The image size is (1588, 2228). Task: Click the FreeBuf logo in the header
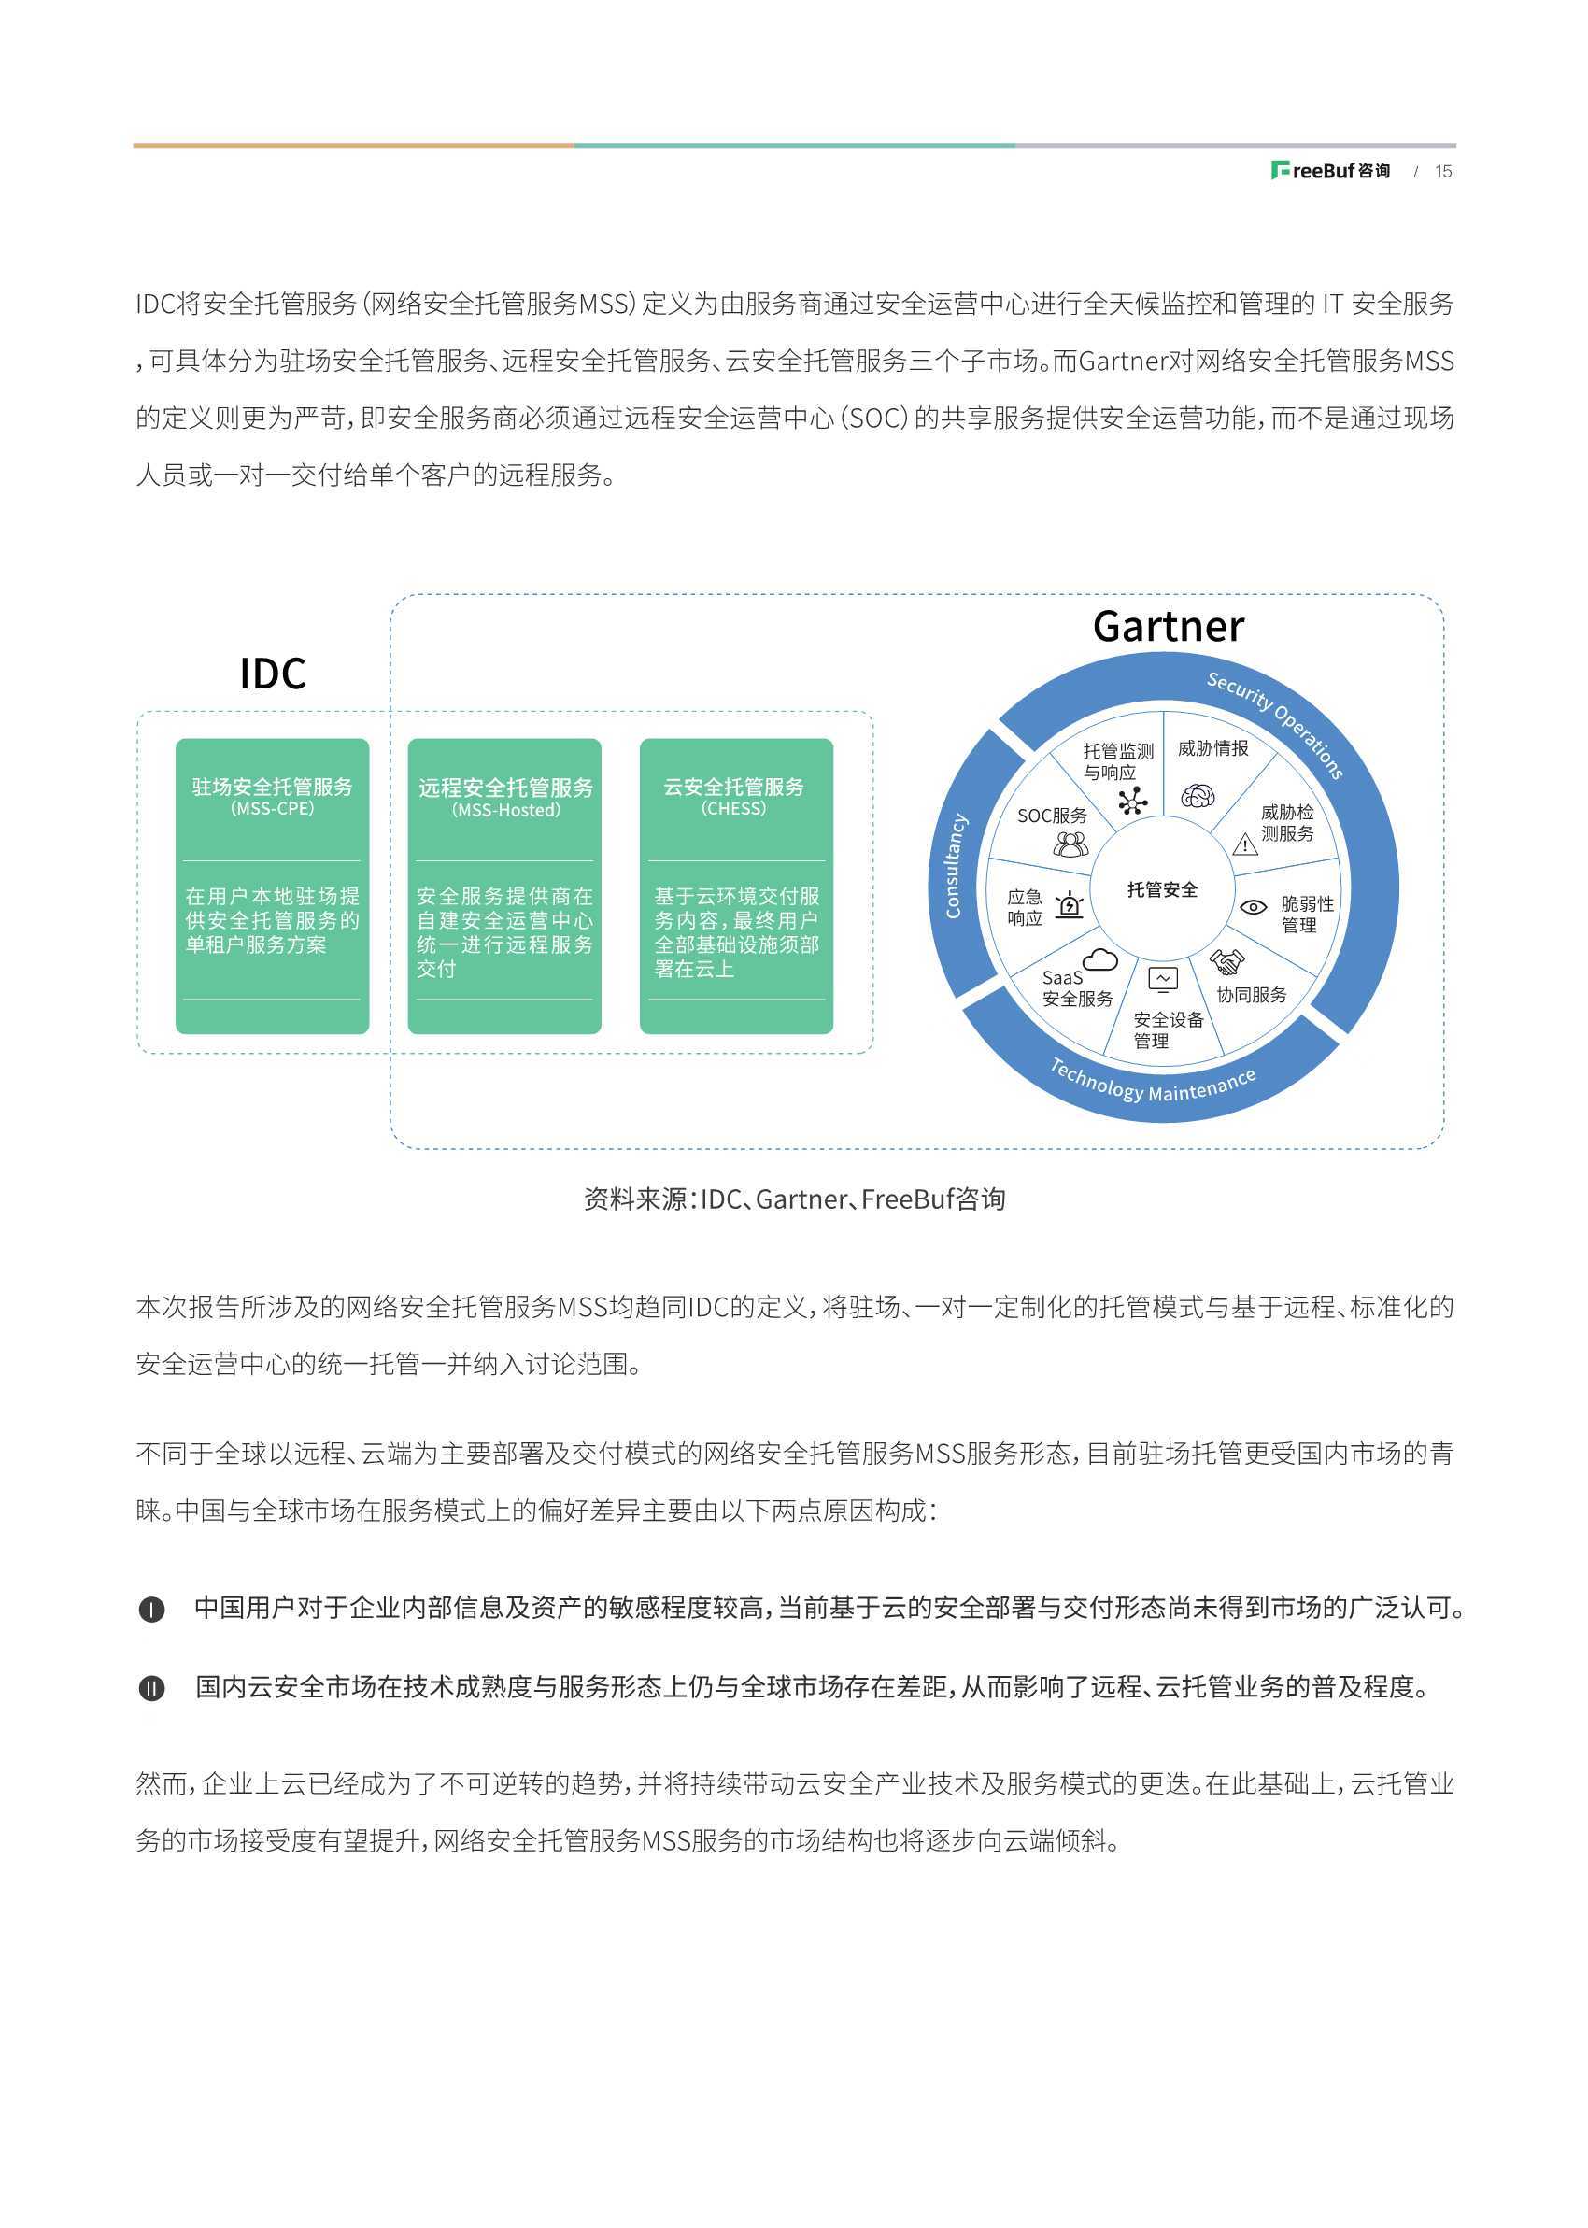pos(1330,171)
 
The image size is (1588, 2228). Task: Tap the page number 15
pos(1443,171)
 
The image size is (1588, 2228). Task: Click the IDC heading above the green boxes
pos(273,674)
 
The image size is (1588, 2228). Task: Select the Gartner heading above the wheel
pos(1169,627)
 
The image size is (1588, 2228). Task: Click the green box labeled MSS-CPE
pos(272,886)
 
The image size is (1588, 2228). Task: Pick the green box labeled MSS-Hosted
pos(504,886)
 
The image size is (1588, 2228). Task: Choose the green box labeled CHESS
pos(736,886)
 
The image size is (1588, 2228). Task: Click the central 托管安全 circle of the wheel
pos(1163,889)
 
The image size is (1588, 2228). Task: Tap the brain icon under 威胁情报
pos(1197,796)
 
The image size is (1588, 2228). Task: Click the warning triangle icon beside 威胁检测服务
pos(1245,844)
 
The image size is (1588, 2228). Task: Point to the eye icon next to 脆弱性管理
pos(1253,907)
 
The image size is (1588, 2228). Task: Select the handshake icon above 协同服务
pos(1226,962)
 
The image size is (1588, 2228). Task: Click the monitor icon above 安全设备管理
pos(1163,980)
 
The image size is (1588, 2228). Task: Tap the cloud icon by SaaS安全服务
pos(1100,960)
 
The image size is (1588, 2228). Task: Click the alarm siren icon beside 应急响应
pos(1070,905)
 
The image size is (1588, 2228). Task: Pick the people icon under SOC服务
pos(1070,844)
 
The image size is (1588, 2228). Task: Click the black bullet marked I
pos(151,1610)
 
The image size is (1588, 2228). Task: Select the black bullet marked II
pos(151,1688)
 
